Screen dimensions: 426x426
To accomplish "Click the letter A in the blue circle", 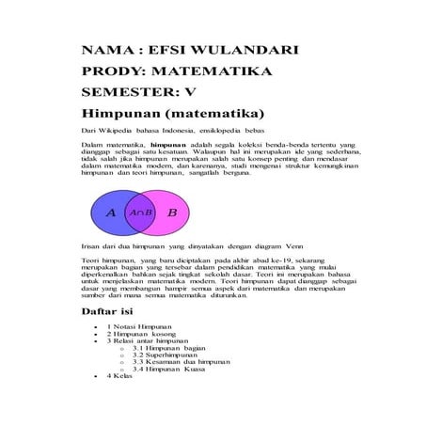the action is (x=110, y=213).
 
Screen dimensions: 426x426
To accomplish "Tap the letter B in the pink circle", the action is (x=172, y=213).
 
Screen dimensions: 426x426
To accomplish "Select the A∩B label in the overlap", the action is (x=141, y=213).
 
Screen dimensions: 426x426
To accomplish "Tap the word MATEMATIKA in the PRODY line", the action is (x=213, y=71).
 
